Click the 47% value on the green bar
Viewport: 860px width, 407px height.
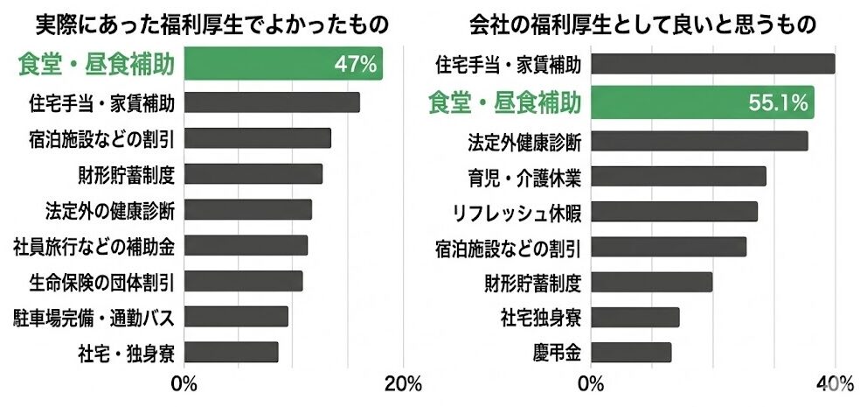coord(355,64)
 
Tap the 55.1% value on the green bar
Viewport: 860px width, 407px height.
coord(777,102)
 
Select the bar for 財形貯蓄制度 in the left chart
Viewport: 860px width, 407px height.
coord(253,173)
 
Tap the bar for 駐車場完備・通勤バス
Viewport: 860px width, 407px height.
coord(236,316)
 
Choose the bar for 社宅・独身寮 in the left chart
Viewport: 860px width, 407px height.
coord(232,352)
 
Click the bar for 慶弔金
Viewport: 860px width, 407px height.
coord(632,352)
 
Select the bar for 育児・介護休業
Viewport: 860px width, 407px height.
coord(679,176)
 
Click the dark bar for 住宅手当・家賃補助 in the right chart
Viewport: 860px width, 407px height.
coord(713,64)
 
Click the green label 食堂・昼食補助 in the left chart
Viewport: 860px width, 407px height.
coord(95,64)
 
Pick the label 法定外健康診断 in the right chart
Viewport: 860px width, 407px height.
coord(524,140)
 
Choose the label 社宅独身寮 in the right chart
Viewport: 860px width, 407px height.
coord(540,316)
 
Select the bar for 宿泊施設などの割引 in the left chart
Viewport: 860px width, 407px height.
coord(258,138)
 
